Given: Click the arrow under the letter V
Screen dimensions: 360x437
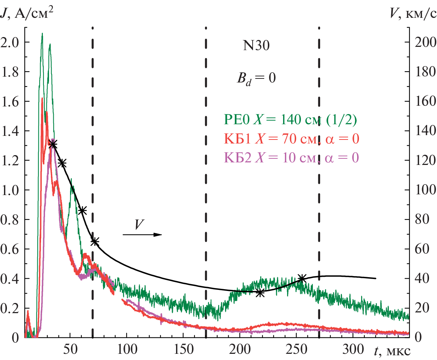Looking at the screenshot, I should tap(142, 235).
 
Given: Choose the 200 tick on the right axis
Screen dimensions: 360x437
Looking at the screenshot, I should tap(422, 43).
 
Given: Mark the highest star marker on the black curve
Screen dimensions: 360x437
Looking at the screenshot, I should tap(53, 144).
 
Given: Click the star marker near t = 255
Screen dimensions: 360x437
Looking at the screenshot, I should tap(302, 279).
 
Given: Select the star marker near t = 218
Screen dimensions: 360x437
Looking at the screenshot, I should tap(260, 292).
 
